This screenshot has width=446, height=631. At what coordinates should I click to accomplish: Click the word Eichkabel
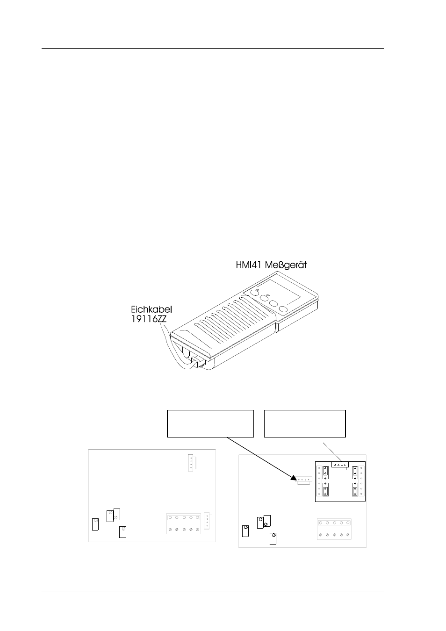151,309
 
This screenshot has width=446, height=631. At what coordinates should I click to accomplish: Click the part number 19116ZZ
149,319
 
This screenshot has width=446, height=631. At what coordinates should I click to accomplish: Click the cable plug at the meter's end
197,361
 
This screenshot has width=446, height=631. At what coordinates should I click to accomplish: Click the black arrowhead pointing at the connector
294,477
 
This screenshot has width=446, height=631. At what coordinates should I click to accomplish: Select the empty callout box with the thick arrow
210,423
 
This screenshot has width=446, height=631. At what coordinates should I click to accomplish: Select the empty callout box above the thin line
305,423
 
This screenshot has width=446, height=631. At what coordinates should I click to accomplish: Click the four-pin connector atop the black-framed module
340,466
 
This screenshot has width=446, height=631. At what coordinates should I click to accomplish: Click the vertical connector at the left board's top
192,463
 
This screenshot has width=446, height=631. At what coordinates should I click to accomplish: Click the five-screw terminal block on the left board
184,523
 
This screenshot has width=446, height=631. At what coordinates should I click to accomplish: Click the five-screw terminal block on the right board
334,529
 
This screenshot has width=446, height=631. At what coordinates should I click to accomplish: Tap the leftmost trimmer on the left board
95,524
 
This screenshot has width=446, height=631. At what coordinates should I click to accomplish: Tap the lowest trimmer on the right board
273,538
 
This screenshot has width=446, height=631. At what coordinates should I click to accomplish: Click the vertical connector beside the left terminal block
208,521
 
